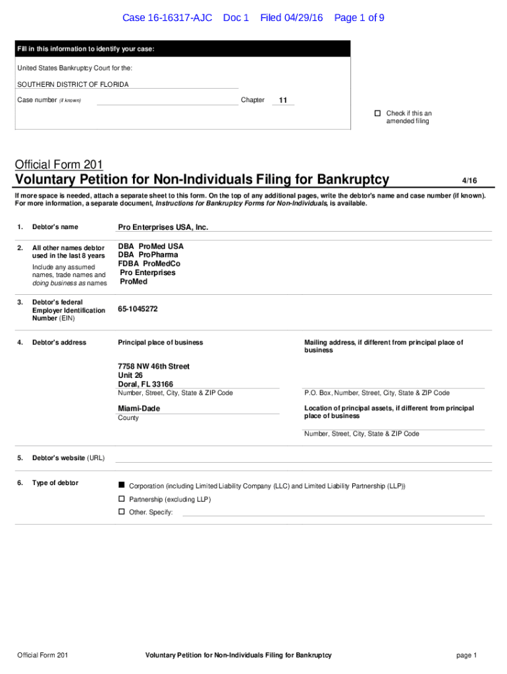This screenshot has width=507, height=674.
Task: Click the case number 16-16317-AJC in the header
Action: coord(167,18)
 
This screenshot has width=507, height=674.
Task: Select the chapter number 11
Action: coord(283,101)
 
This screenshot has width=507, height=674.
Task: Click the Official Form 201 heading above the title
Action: coord(59,165)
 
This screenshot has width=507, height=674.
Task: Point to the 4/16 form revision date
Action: coord(469,180)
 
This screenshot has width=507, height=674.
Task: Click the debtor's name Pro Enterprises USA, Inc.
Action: coord(163,227)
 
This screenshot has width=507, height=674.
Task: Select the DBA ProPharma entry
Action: coord(147,255)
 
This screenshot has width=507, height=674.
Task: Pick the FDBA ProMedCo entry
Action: coord(149,264)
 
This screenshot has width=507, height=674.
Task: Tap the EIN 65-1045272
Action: coord(138,309)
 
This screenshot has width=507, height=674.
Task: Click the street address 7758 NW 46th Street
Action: coord(153,366)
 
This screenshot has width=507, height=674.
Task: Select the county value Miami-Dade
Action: coord(138,409)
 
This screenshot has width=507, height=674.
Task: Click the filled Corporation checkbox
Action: coord(121,485)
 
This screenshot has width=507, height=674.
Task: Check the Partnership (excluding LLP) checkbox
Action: coord(121,499)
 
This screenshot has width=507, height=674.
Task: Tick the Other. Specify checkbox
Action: coord(121,512)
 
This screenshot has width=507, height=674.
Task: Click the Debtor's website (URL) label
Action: coord(68,458)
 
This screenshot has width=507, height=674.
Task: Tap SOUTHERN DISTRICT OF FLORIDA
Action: coord(72,84)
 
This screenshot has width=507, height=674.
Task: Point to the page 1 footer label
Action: coord(466,656)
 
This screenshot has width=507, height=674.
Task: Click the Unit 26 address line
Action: coord(130,375)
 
